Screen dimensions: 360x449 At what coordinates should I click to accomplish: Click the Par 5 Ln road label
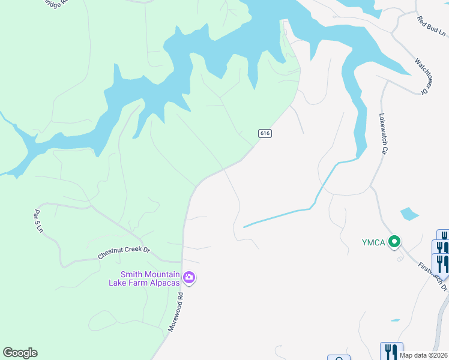38,221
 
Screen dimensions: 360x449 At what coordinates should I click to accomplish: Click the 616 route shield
265,133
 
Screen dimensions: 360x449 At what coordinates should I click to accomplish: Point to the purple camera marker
189,277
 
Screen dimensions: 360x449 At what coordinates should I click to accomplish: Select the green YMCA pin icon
394,242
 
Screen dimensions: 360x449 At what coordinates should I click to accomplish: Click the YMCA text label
373,242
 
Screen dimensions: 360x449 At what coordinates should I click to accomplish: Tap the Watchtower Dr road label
422,76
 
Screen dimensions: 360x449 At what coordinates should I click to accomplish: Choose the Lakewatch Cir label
381,134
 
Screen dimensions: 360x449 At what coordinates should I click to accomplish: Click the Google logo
20,353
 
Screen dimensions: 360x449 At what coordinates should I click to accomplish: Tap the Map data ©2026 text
424,355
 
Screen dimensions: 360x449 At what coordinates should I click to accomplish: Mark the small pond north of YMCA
409,214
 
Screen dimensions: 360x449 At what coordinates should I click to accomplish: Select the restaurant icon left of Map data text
391,351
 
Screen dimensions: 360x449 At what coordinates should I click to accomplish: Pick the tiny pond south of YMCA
394,320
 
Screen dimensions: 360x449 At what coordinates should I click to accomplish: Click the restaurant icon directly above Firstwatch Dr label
441,263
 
